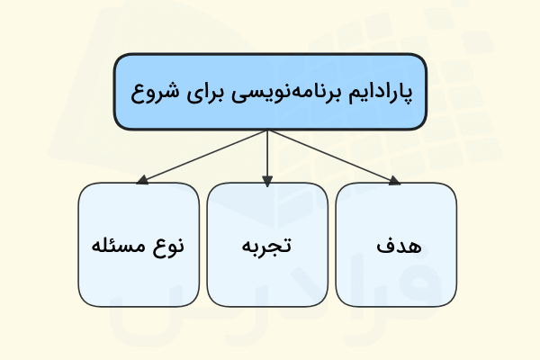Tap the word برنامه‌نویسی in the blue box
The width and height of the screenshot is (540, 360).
(284, 93)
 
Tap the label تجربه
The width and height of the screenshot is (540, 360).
(267, 245)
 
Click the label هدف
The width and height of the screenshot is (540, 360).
(396, 245)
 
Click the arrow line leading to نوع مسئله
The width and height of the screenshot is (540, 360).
(202, 158)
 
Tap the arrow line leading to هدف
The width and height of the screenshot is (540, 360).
(333, 158)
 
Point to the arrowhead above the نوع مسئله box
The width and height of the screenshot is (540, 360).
(142, 182)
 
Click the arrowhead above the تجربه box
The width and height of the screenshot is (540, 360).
(267, 182)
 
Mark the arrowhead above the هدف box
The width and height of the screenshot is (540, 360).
(393, 182)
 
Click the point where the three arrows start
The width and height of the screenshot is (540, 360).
(267, 130)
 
